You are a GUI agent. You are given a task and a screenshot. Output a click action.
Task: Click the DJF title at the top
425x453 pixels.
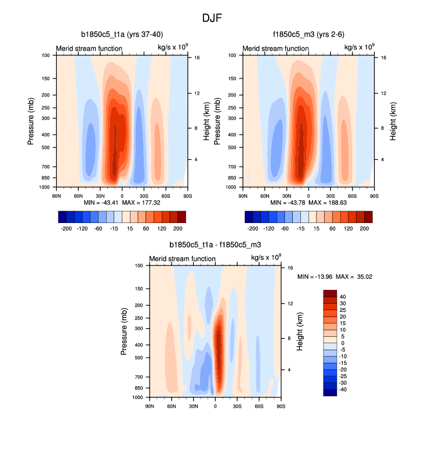click(212, 18)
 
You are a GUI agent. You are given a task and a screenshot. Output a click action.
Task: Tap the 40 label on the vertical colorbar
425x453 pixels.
click(343, 297)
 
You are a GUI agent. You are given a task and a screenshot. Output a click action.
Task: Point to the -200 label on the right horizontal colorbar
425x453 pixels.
click(253, 229)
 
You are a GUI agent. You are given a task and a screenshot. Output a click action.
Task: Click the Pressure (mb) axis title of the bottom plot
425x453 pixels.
click(125, 332)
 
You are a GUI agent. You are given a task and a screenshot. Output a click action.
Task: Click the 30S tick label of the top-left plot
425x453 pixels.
click(144, 193)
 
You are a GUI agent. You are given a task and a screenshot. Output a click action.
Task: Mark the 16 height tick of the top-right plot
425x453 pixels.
click(376, 58)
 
